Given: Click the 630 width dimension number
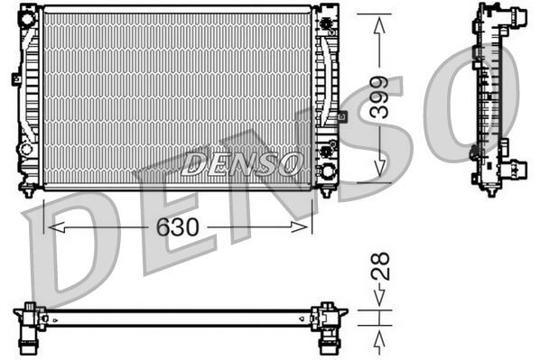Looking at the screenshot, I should click(177, 227).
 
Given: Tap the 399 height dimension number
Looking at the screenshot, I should click(380, 98).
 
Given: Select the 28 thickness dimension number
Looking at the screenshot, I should click(381, 265).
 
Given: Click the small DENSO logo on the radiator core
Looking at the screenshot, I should click(241, 162).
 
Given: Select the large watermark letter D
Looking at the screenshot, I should click(77, 257).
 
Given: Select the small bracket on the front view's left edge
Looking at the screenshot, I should click(16, 79).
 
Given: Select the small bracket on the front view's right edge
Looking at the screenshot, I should click(342, 115).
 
